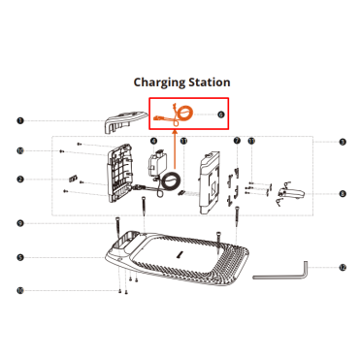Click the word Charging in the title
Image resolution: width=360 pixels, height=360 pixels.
(x=159, y=82)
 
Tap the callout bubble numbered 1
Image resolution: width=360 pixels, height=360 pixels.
(x=20, y=121)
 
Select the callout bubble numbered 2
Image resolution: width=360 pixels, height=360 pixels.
(x=20, y=179)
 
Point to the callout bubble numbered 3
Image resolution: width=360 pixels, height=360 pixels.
(x=343, y=142)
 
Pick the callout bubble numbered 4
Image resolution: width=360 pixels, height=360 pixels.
(x=154, y=141)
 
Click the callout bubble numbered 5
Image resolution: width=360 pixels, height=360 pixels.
(x=20, y=258)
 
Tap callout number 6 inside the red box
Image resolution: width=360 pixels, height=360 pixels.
(x=221, y=115)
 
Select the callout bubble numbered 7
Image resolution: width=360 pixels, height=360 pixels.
(x=237, y=141)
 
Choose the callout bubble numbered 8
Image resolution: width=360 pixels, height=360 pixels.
(x=343, y=194)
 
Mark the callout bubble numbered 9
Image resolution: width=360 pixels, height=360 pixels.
(x=20, y=223)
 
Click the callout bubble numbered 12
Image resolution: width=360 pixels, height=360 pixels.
(x=343, y=268)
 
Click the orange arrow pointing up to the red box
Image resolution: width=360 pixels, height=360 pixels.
(x=175, y=149)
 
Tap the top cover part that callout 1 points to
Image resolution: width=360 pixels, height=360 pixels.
(x=124, y=121)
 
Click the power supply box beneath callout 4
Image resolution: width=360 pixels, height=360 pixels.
(x=156, y=163)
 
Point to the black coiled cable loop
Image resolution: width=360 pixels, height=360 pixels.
(x=170, y=181)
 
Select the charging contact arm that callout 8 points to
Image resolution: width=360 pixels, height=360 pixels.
(x=291, y=193)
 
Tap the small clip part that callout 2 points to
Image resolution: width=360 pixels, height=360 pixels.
(x=73, y=179)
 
